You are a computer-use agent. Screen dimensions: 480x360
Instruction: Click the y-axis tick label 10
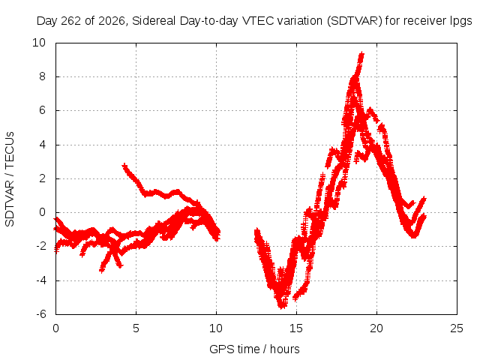coord(39,43)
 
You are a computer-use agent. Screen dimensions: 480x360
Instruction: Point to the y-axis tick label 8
coord(42,76)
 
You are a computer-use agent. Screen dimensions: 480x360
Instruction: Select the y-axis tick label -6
coord(41,314)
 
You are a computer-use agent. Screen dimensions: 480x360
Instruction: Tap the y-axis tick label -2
coord(41,246)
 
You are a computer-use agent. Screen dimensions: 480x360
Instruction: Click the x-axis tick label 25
coord(457,328)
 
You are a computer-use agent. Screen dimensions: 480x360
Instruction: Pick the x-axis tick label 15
coord(296,328)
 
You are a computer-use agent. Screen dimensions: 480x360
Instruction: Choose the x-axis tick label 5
coord(136,328)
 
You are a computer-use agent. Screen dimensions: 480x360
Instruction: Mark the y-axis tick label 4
coord(42,145)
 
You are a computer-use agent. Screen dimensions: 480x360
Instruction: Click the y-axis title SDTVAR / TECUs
coord(10,179)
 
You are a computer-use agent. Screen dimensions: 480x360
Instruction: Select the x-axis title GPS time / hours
coord(254,349)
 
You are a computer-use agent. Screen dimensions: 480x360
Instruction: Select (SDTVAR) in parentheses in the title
coord(354,21)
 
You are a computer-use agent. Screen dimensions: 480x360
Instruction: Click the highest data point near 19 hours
coord(362,54)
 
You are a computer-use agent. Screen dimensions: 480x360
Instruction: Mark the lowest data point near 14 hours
coord(282,307)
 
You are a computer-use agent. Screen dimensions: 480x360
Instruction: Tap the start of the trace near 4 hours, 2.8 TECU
coord(124,166)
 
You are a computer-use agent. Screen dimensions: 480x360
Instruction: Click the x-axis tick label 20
coord(376,328)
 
